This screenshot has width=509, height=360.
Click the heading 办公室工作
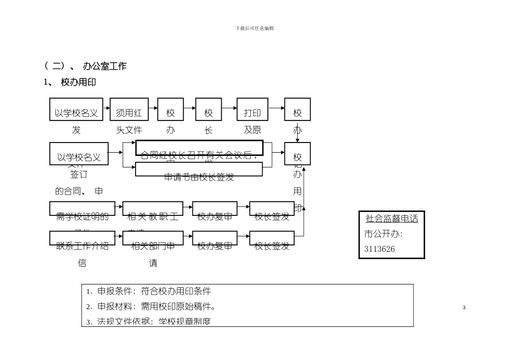pyautogui.click(x=104, y=66)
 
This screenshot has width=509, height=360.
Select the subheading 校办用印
pyautogui.click(x=78, y=82)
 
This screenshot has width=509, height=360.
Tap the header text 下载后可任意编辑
pyautogui.click(x=254, y=28)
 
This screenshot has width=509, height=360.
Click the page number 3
pyautogui.click(x=464, y=307)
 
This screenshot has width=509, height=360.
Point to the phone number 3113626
pyautogui.click(x=380, y=249)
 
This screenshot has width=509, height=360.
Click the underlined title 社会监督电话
pyautogui.click(x=392, y=219)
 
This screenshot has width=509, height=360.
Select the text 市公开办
pyautogui.click(x=384, y=234)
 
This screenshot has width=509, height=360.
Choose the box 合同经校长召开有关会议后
pyautogui.click(x=199, y=148)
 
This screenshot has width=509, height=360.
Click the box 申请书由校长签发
pyautogui.click(x=199, y=170)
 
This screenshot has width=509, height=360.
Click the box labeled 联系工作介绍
pyautogui.click(x=83, y=239)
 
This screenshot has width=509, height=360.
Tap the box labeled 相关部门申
pyautogui.click(x=152, y=239)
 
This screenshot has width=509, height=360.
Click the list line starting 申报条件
pyautogui.click(x=149, y=291)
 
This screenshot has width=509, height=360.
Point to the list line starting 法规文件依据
pyautogui.click(x=149, y=321)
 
